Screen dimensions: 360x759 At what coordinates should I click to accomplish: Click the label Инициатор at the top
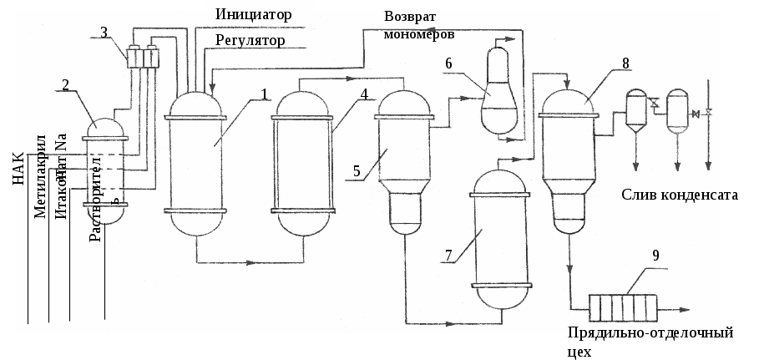(253, 14)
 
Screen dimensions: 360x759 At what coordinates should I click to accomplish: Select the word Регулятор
(250, 40)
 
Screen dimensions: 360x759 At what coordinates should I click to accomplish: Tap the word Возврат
(410, 17)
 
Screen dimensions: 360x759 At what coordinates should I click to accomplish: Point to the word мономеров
(419, 35)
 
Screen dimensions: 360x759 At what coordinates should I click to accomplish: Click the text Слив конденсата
(680, 195)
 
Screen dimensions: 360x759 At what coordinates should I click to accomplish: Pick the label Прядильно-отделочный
(650, 333)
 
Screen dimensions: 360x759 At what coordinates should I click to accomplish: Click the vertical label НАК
(19, 166)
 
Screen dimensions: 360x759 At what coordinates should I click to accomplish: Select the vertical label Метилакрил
(40, 174)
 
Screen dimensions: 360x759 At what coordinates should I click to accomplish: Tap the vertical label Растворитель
(95, 198)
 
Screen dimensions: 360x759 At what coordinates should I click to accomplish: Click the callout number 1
(263, 94)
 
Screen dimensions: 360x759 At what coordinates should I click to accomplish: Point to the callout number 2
(65, 84)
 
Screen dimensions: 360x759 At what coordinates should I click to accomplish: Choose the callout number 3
(104, 33)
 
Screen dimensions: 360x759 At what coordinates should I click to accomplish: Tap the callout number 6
(449, 63)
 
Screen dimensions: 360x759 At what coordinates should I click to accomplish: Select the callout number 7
(448, 256)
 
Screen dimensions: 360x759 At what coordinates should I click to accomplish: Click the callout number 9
(655, 256)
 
